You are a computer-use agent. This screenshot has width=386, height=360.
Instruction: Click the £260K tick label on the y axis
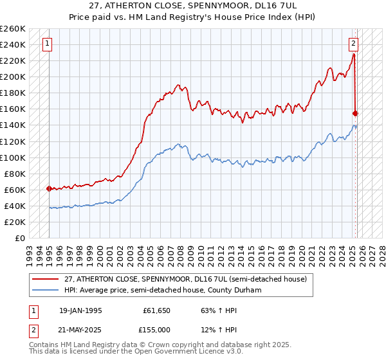(x=13, y=29)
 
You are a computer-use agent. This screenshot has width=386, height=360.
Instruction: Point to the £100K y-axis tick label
(x=13, y=157)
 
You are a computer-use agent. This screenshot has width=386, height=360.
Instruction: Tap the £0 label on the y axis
(x=19, y=239)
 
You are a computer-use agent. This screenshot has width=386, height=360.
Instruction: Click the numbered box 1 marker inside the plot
(x=48, y=44)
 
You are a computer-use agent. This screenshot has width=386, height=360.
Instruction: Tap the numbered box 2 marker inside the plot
(x=354, y=44)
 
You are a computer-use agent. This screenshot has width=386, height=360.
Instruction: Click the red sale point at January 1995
(x=49, y=188)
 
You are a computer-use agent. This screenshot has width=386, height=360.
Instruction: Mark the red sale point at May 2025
(x=356, y=113)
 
